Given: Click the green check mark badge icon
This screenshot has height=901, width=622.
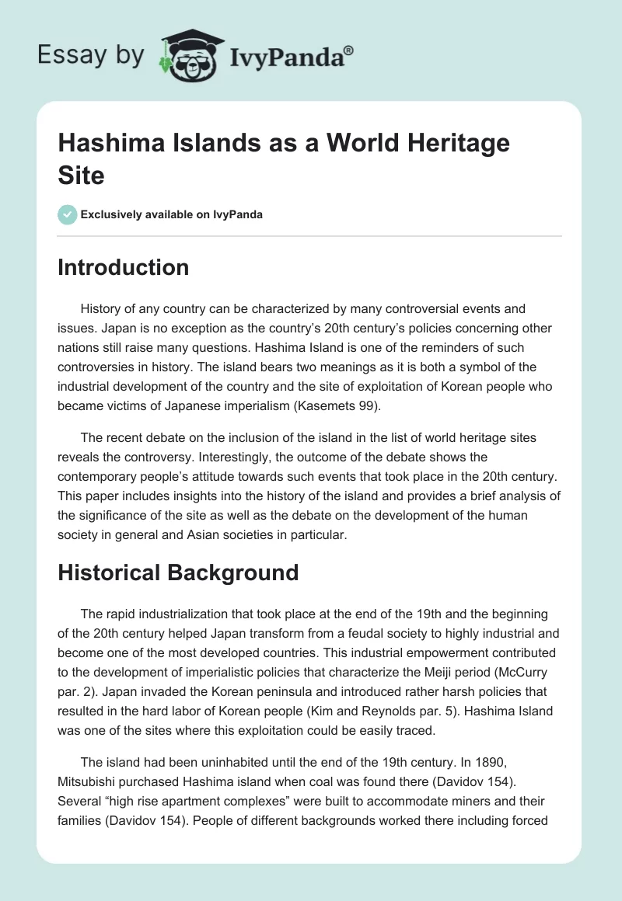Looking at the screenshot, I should pos(68,214).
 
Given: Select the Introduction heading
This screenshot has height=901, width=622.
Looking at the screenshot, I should pos(124,267).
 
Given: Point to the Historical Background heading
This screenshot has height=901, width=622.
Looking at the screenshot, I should pos(178,572).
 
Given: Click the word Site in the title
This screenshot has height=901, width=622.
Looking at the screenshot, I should pos(82,175).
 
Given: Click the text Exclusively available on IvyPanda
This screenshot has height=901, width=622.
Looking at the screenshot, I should pos(173,214).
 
